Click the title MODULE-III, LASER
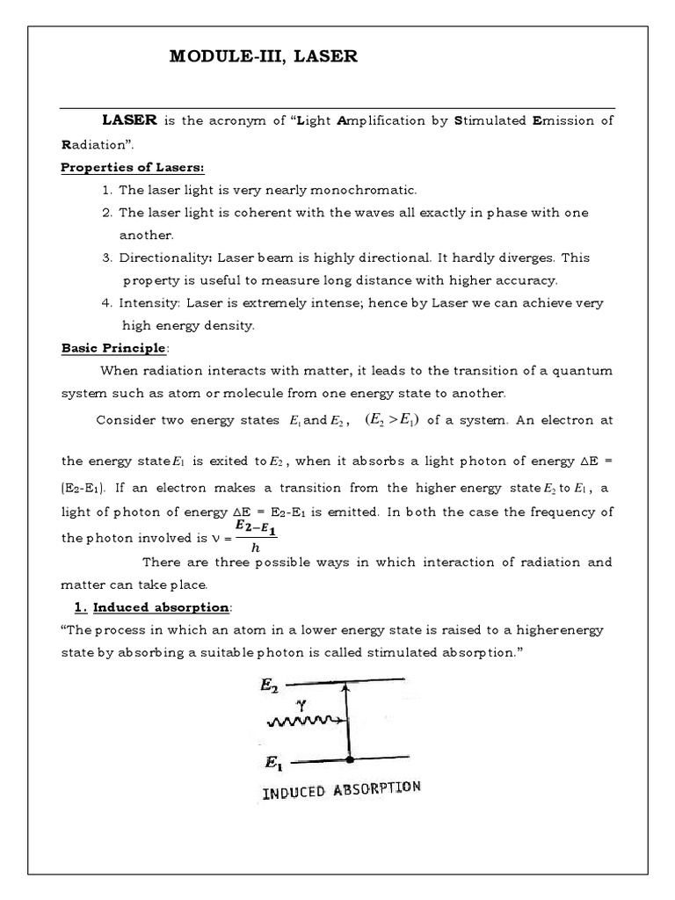point(264,58)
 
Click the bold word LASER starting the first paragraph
point(129,120)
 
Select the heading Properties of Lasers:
point(132,168)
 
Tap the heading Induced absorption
point(155,607)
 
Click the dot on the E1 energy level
point(350,758)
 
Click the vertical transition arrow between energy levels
point(350,719)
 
